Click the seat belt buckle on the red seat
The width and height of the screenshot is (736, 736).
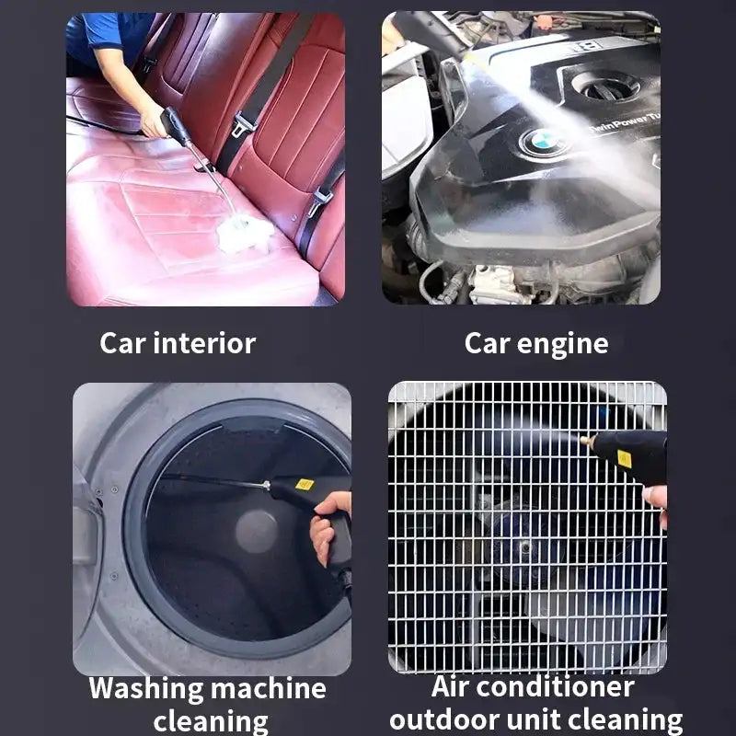(242, 125)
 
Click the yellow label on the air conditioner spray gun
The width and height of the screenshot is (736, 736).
(625, 457)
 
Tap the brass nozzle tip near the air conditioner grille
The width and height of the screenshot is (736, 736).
(586, 442)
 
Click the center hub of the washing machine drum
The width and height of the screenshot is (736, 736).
(257, 531)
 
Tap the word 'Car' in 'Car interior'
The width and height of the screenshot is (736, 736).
(122, 343)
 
